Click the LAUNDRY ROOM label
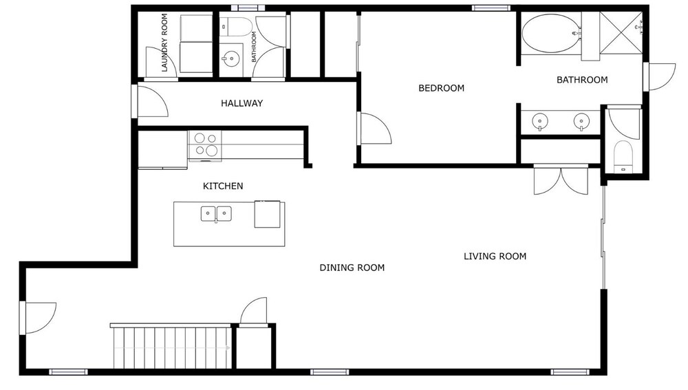(164, 43)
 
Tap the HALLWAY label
(241, 104)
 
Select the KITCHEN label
(223, 186)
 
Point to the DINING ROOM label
(352, 268)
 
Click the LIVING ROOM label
(495, 256)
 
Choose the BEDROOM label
(442, 88)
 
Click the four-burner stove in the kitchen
(205, 144)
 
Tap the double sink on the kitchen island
(216, 214)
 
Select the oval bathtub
(550, 33)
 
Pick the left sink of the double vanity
(540, 122)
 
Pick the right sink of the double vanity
(581, 122)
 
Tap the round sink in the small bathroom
(230, 58)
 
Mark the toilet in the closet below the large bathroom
(623, 156)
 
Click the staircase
(171, 347)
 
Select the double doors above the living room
(561, 180)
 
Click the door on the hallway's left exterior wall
(149, 101)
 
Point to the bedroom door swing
(374, 128)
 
